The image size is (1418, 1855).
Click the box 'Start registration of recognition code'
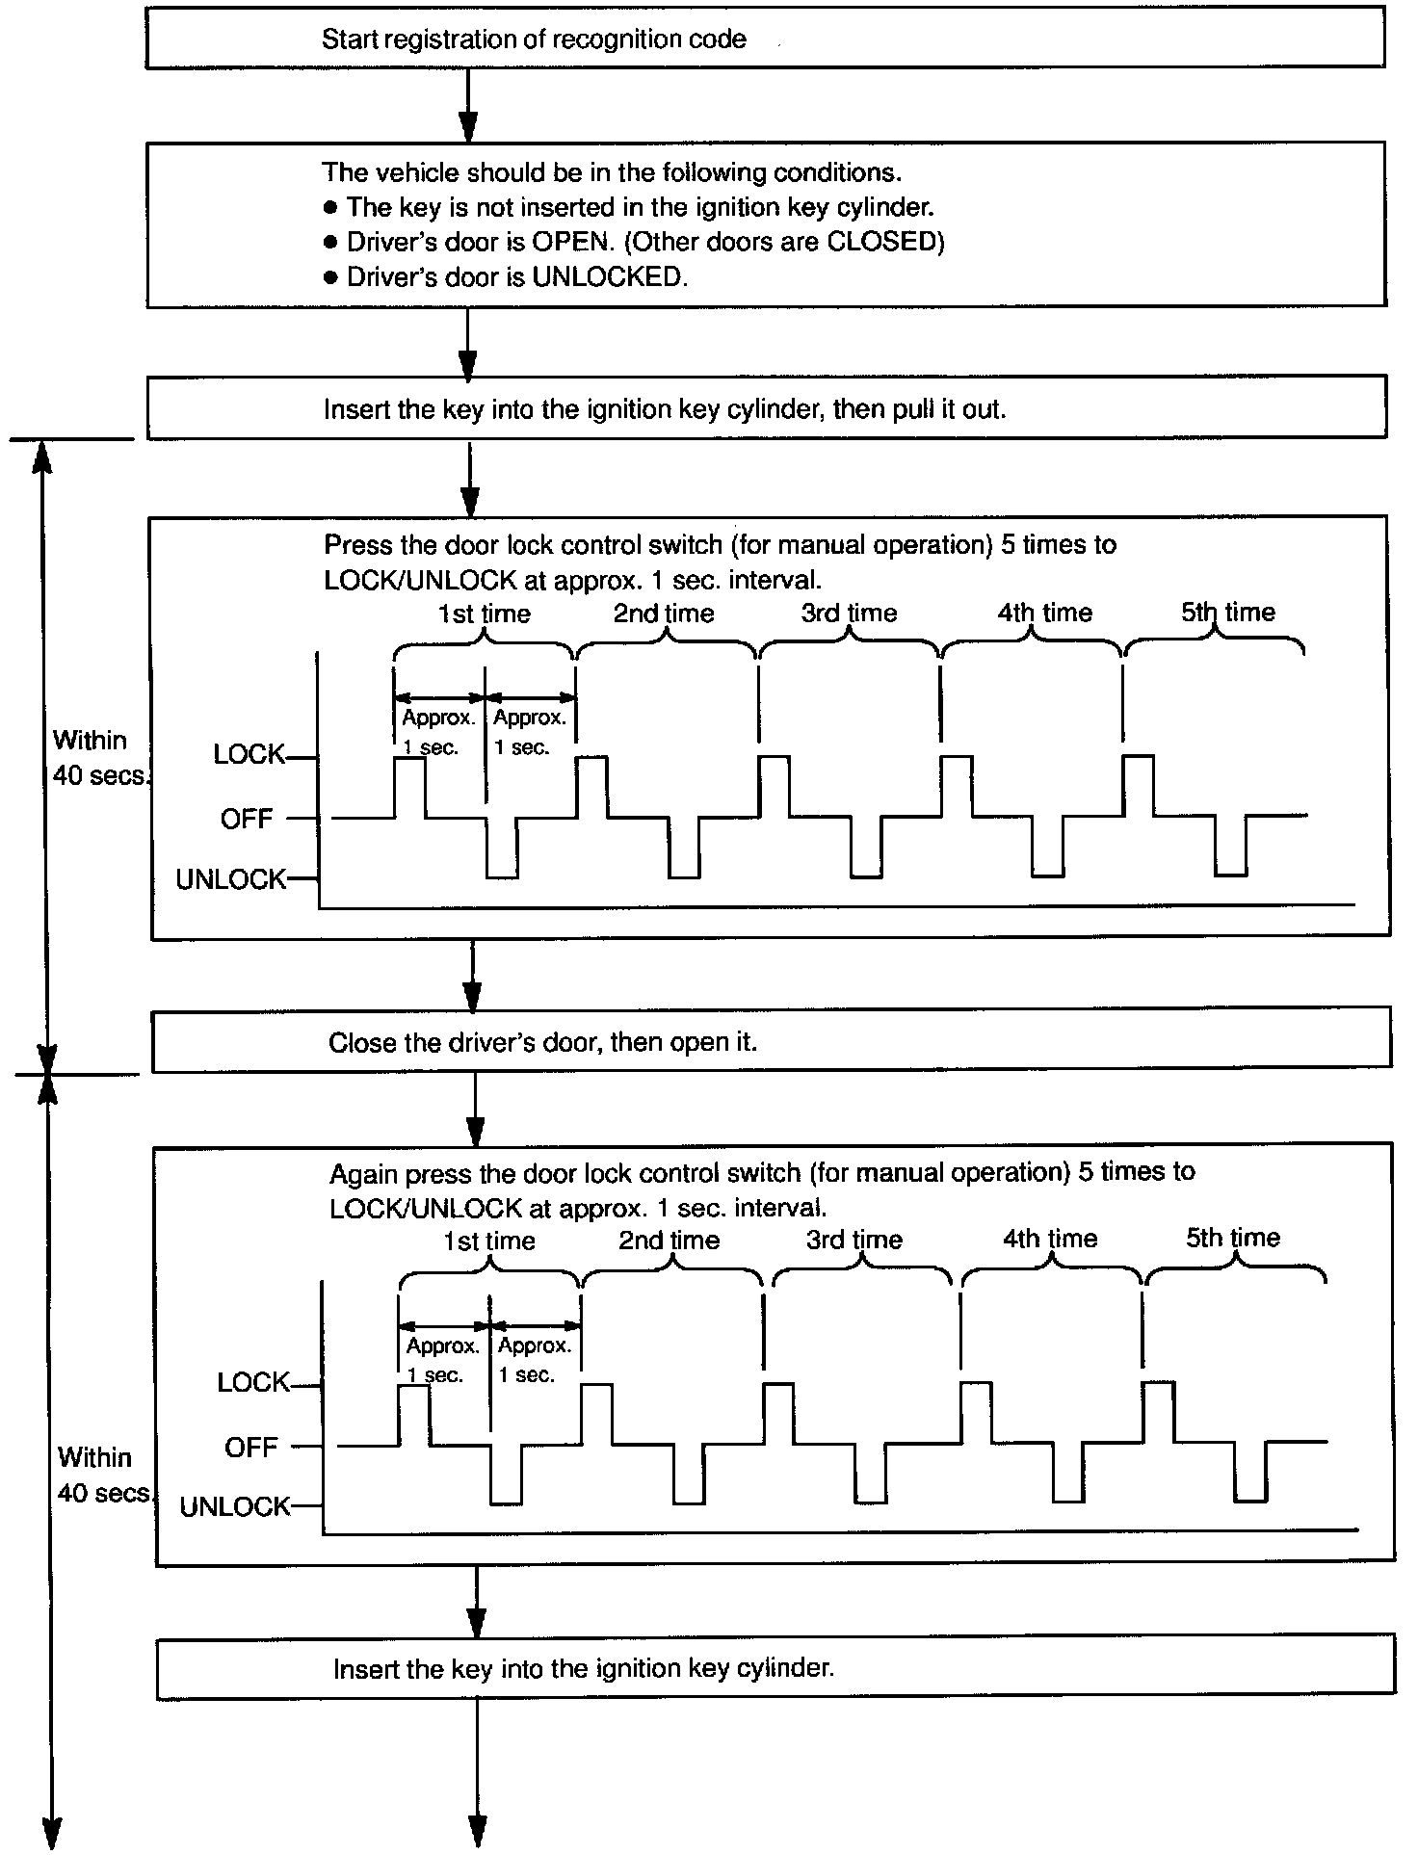coord(765,39)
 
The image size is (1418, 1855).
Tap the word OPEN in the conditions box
coord(572,242)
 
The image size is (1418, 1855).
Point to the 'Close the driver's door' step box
coord(771,1041)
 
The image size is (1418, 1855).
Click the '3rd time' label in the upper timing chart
coord(849,614)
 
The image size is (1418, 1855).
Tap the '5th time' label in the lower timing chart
coord(1232,1238)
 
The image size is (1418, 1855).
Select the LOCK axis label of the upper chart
coord(249,754)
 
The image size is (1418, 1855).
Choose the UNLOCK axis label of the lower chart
coord(235,1506)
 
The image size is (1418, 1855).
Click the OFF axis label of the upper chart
coord(247,819)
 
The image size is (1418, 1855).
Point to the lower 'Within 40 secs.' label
coord(100,1475)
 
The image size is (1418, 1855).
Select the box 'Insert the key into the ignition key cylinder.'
coord(775,1668)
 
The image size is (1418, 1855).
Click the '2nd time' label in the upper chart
coord(664,614)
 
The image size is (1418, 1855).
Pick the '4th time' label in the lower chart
coord(1050,1239)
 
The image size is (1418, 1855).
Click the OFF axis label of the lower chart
coord(250,1447)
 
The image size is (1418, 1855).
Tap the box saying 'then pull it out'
coord(766,408)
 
